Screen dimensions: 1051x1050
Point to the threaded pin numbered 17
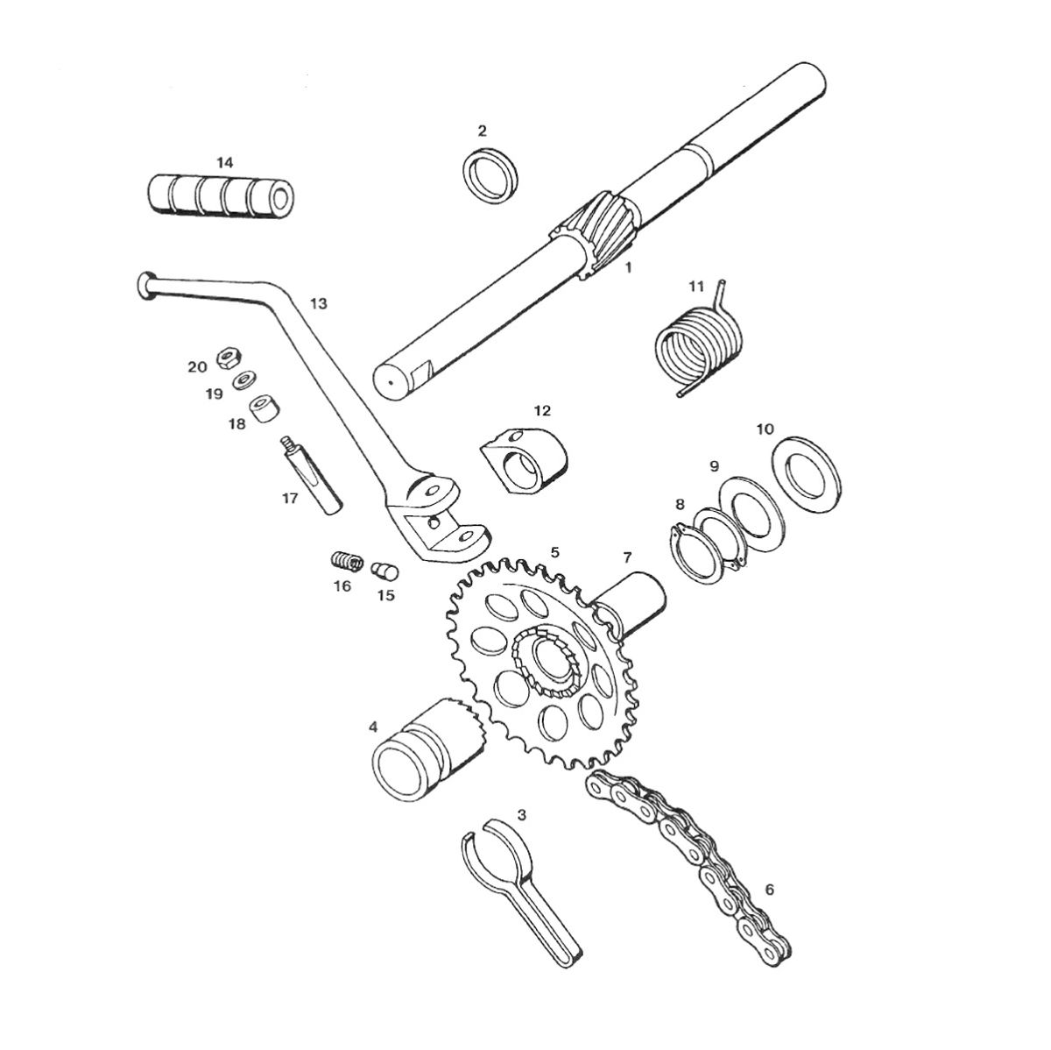[311, 474]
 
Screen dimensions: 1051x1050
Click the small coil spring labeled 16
[347, 561]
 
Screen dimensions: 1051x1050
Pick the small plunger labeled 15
[385, 571]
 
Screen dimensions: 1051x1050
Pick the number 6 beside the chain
[769, 875]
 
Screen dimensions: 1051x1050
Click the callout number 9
[714, 465]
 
